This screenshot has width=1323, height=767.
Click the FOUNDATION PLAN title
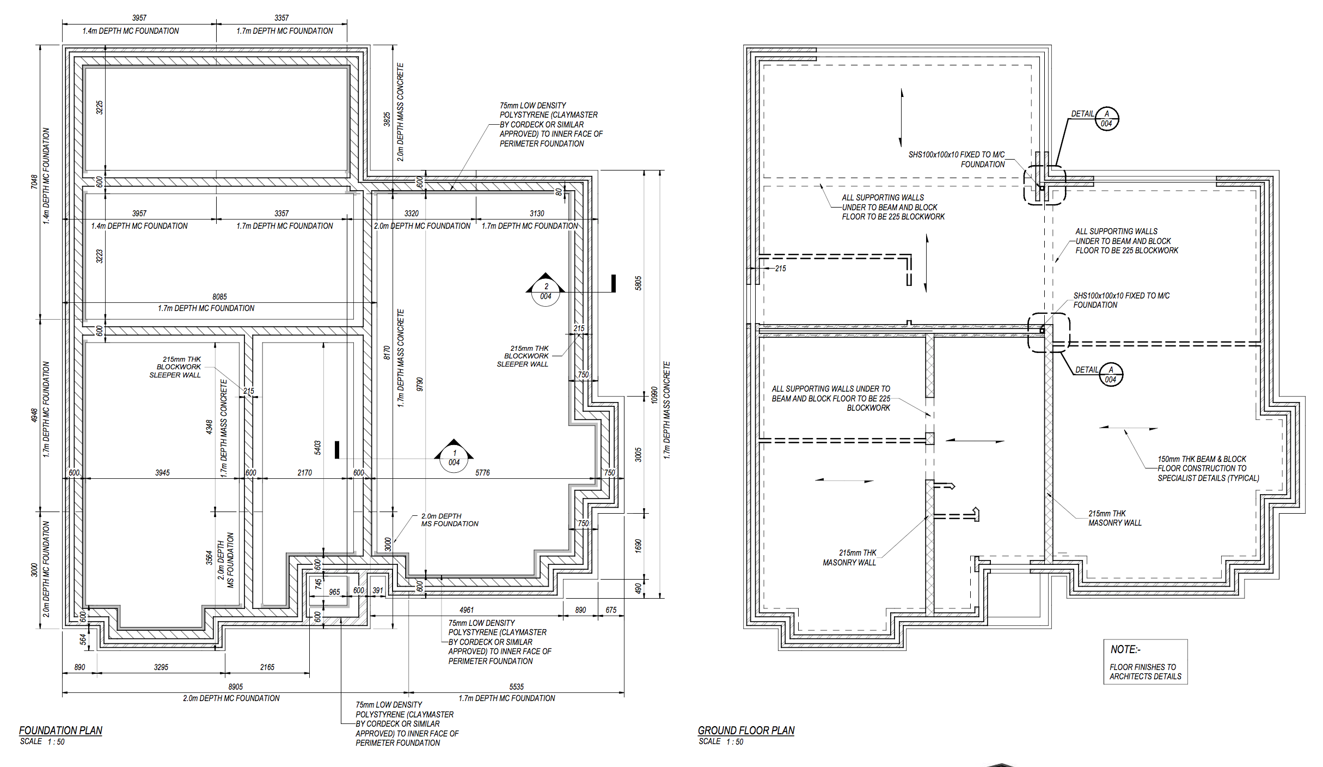coord(60,731)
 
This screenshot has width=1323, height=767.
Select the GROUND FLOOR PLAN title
coord(746,731)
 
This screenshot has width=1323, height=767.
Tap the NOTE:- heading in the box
coord(1125,649)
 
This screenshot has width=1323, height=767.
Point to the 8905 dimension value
coord(236,687)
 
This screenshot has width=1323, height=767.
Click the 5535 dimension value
coord(517,687)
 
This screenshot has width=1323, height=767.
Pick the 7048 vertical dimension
coord(34,182)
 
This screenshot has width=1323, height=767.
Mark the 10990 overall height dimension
coord(654,395)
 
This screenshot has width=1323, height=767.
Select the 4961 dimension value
coord(467,610)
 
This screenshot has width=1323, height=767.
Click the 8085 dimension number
coord(219,297)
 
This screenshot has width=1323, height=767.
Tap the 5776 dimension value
coord(482,473)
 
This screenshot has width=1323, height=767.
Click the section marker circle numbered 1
coord(454,458)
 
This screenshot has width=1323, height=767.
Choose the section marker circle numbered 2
coord(546,292)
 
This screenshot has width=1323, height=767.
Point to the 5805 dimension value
coord(638,283)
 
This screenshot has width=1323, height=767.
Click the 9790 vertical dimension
coord(420,385)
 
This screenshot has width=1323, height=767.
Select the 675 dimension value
coord(611,610)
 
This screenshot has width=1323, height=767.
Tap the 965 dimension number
coord(334,592)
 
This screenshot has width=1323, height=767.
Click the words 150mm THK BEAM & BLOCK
coord(1202,459)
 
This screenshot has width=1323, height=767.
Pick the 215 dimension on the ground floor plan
coord(781,269)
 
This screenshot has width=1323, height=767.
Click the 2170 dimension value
coord(305,473)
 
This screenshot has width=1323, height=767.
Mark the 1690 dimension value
coord(638,546)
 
